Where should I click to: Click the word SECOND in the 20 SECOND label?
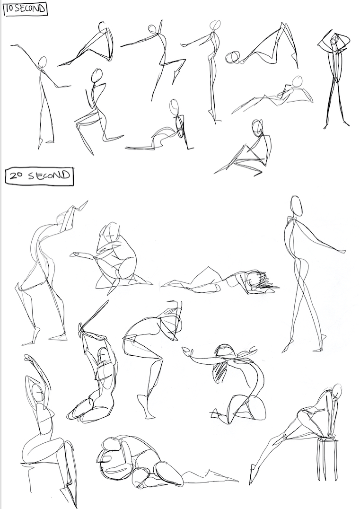click(x=49, y=176)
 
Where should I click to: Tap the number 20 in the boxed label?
click(x=15, y=176)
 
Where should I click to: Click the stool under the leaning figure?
click(x=327, y=459)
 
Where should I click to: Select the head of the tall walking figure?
click(x=296, y=206)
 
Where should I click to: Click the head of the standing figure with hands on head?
click(x=334, y=40)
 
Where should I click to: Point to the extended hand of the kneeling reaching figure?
click(x=187, y=351)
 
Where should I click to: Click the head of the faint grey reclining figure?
click(x=297, y=81)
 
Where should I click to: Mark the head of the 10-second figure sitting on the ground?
click(x=257, y=127)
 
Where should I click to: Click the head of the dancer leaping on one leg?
click(x=153, y=28)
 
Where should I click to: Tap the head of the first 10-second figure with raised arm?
click(x=42, y=62)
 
